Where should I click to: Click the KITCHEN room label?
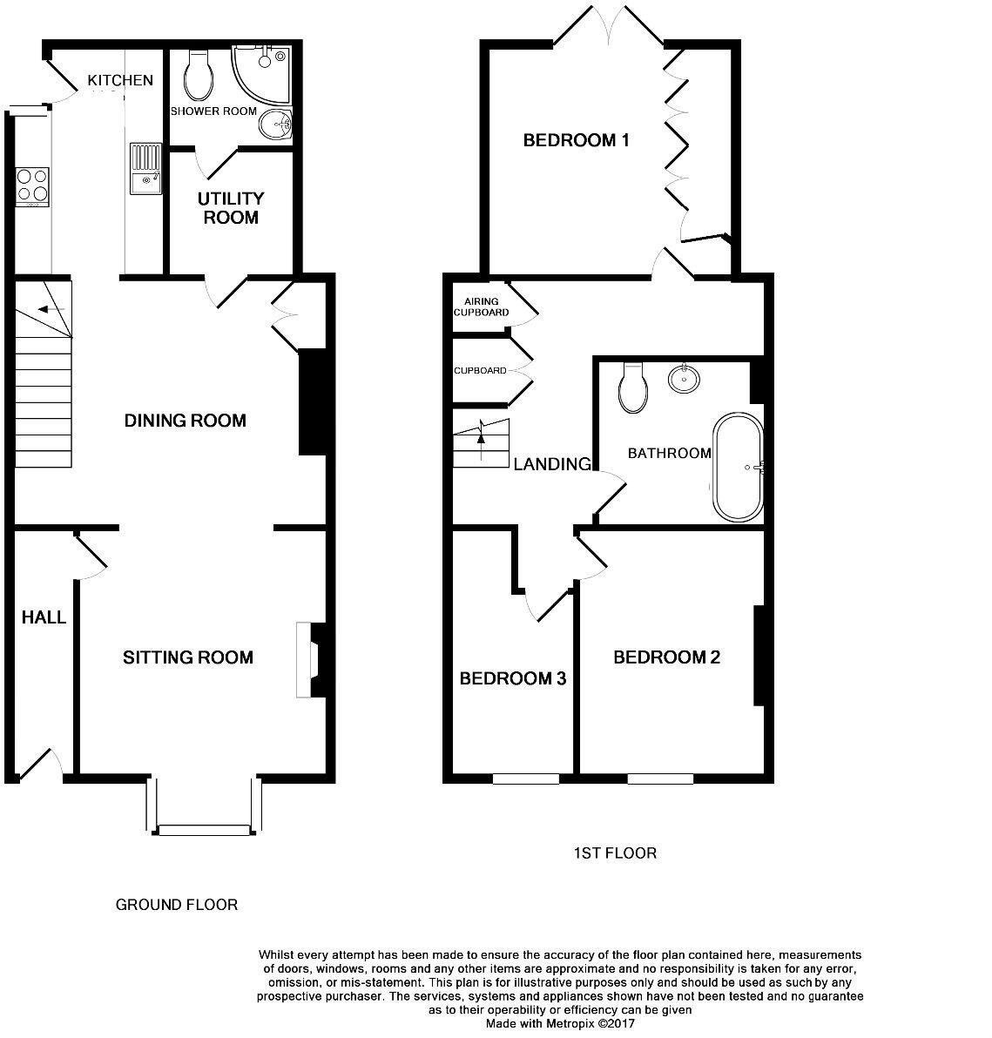[120, 81]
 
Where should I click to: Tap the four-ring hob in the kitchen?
[31, 185]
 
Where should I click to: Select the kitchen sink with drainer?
[145, 168]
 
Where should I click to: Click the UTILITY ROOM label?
[231, 208]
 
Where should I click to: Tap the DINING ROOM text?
[185, 421]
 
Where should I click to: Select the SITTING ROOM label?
[187, 657]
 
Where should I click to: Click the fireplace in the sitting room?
[308, 659]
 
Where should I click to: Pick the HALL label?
[44, 617]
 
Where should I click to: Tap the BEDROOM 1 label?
[576, 140]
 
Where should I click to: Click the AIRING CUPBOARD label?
[476, 307]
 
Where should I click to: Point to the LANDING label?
[551, 464]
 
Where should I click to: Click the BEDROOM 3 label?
[513, 678]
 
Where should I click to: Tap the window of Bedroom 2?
[659, 778]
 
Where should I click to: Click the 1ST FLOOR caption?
[614, 853]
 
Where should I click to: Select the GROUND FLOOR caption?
[177, 905]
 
